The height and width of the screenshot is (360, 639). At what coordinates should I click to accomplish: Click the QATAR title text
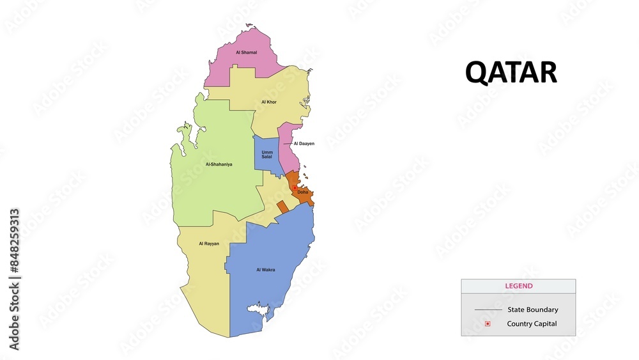[x=511, y=73]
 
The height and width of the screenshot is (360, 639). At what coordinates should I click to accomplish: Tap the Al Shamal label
[x=246, y=52]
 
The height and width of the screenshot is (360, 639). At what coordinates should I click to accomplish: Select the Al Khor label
[x=269, y=102]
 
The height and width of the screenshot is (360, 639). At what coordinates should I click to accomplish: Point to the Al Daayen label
[x=304, y=144]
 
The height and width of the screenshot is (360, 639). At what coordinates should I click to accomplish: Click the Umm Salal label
[x=267, y=155]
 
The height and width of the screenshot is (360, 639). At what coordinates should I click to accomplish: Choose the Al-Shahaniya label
[x=219, y=164]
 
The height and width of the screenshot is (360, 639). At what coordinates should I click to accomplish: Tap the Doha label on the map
[x=302, y=192]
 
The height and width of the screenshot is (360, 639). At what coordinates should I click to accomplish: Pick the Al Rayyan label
[x=208, y=244]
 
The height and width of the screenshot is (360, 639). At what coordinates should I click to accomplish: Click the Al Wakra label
[x=266, y=270]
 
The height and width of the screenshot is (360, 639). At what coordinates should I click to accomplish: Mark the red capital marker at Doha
[x=295, y=187]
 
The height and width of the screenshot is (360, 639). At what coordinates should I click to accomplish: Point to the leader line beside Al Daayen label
[x=288, y=144]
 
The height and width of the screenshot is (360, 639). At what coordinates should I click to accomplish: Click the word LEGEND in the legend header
[x=518, y=286]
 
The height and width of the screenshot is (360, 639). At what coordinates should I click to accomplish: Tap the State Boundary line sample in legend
[x=488, y=310]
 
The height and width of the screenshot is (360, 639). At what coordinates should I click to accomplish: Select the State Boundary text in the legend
[x=532, y=309]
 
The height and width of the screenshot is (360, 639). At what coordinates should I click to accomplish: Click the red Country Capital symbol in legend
[x=488, y=324]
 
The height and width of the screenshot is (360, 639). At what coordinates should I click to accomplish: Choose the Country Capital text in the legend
[x=532, y=324]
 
